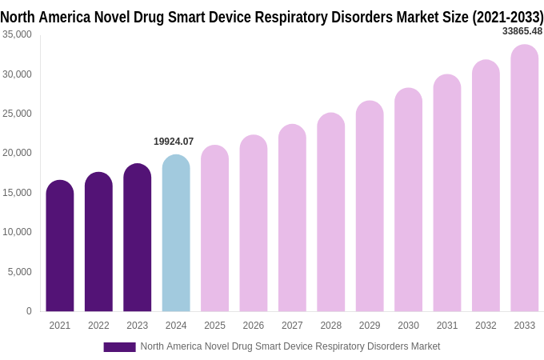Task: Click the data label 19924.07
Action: [x=174, y=142]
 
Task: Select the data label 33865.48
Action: [x=522, y=31]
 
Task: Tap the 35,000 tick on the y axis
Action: [x=17, y=34]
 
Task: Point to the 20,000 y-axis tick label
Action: [x=17, y=153]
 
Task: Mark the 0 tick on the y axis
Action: [x=29, y=311]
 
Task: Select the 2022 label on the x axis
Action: [x=98, y=326]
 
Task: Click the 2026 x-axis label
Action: [x=254, y=326]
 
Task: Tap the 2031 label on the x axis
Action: [x=447, y=326]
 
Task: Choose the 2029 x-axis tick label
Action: [x=370, y=326]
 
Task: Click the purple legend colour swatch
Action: [x=119, y=347]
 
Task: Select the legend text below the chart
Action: [x=290, y=346]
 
